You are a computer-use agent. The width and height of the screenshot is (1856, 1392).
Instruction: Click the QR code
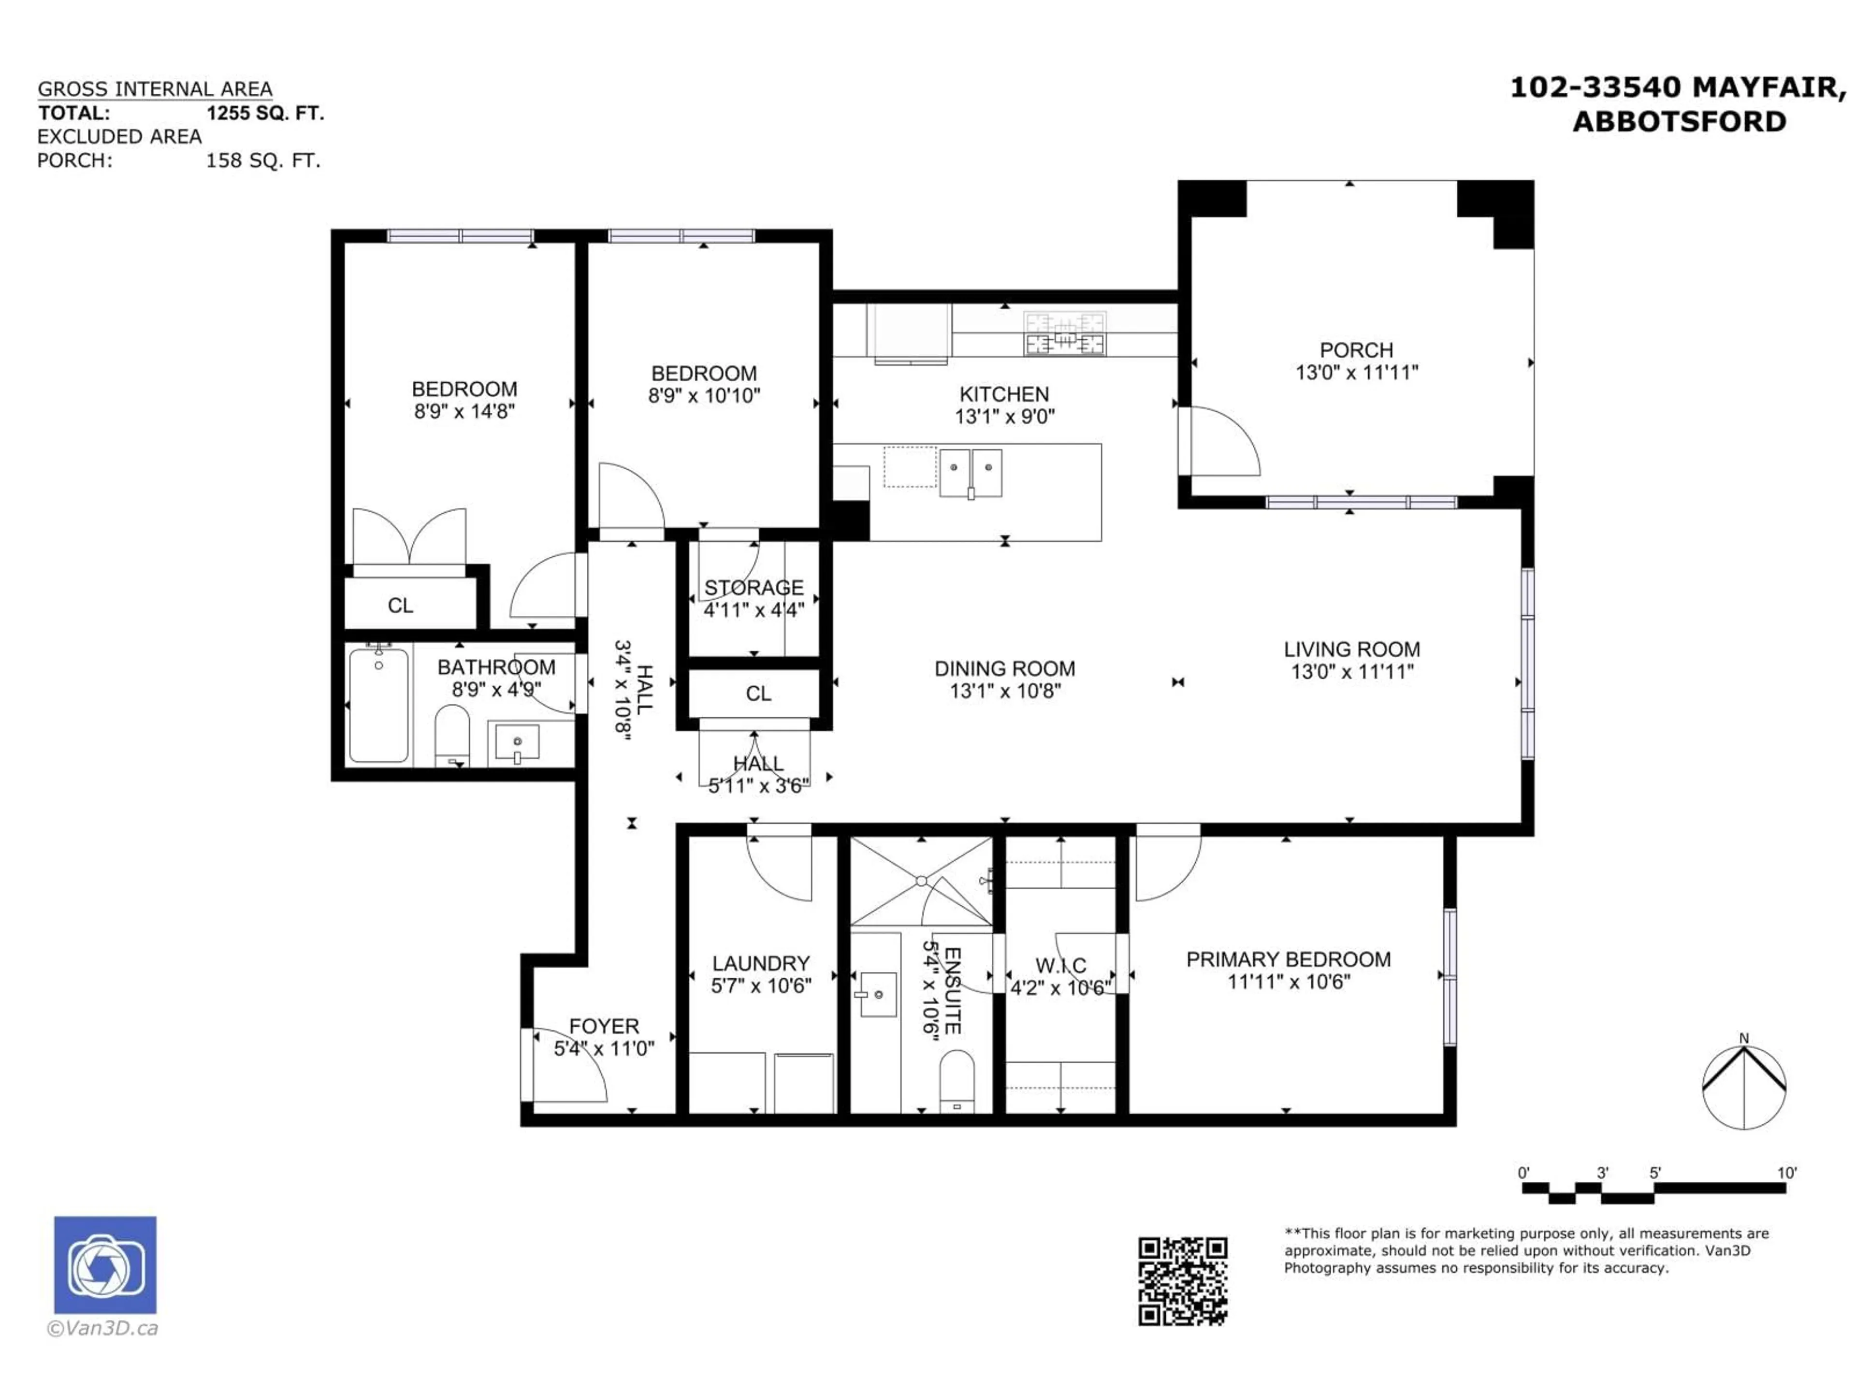1182,1281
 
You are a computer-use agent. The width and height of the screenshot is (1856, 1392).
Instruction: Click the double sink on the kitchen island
971,473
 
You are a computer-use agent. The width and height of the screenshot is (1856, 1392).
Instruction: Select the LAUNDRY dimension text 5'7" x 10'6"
761,986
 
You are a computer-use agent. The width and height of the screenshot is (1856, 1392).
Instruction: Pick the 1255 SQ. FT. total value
265,113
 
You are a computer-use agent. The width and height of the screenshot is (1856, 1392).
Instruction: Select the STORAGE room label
754,587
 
